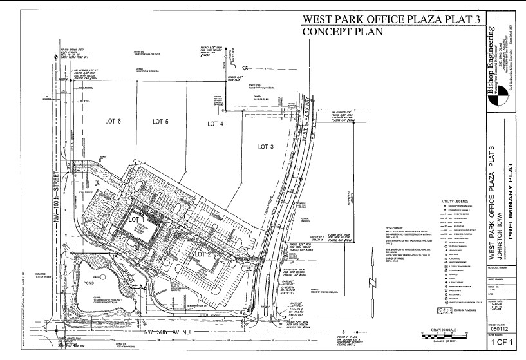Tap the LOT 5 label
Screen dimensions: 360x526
point(160,121)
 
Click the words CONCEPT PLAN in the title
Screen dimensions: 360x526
point(343,31)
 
